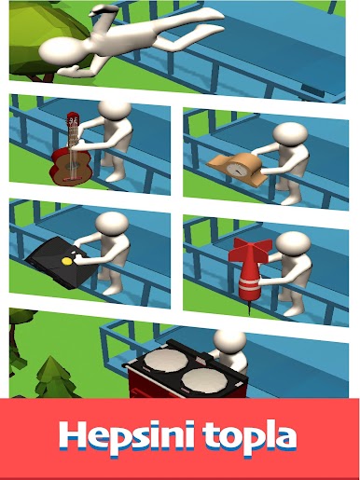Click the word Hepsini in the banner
click(127, 436)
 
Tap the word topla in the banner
click(250, 439)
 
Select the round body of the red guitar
click(71, 167)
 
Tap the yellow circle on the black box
click(66, 262)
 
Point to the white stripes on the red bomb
click(248, 284)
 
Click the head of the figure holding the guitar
click(115, 110)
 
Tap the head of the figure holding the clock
click(290, 133)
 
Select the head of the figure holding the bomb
click(293, 243)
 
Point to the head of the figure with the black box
click(112, 223)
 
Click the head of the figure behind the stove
click(230, 341)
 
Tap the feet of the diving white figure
click(212, 20)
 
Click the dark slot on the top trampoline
click(313, 90)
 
